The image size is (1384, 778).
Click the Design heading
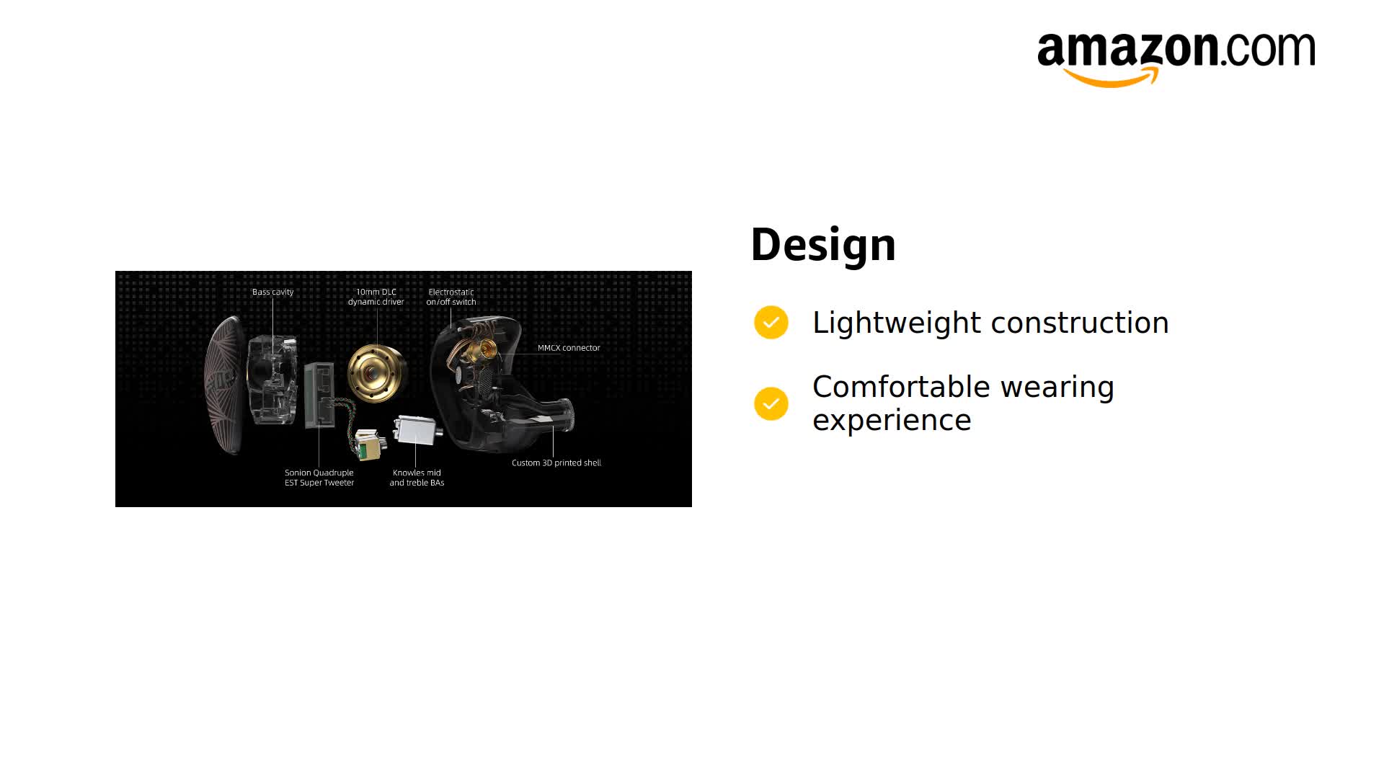pos(823,245)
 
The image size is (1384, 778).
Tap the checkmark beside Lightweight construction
pos(771,323)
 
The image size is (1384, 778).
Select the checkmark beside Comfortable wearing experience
pos(771,403)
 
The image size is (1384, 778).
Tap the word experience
pos(892,420)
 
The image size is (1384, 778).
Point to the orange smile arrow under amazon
pos(1110,78)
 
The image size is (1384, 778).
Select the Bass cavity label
pos(272,292)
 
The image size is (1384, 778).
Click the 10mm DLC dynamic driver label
pos(376,297)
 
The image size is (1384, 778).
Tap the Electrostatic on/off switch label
pos(451,297)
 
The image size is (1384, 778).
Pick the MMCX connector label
pos(568,348)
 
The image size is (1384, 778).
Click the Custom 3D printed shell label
pos(556,462)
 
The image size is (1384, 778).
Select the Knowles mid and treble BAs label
pos(417,478)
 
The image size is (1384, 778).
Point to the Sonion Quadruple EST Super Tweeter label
pos(319,478)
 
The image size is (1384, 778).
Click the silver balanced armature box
pos(417,432)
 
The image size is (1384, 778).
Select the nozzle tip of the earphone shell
pos(567,416)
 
